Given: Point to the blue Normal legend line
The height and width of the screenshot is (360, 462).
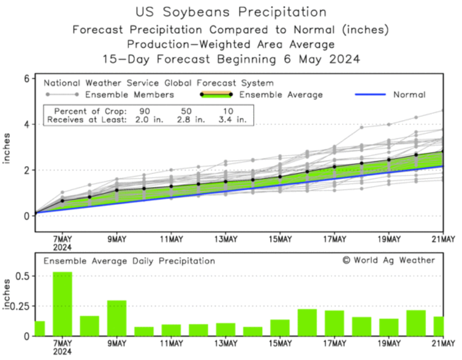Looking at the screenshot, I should [x=370, y=94].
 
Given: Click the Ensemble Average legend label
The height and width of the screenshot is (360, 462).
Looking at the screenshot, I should [x=282, y=94].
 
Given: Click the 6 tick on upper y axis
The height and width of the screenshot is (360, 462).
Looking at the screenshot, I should [x=26, y=79].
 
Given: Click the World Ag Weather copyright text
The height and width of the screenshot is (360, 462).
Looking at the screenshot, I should [x=388, y=260].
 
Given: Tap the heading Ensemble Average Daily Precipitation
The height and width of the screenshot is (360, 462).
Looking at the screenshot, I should [x=129, y=261].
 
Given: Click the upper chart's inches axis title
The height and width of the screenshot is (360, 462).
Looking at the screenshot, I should [x=7, y=148].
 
